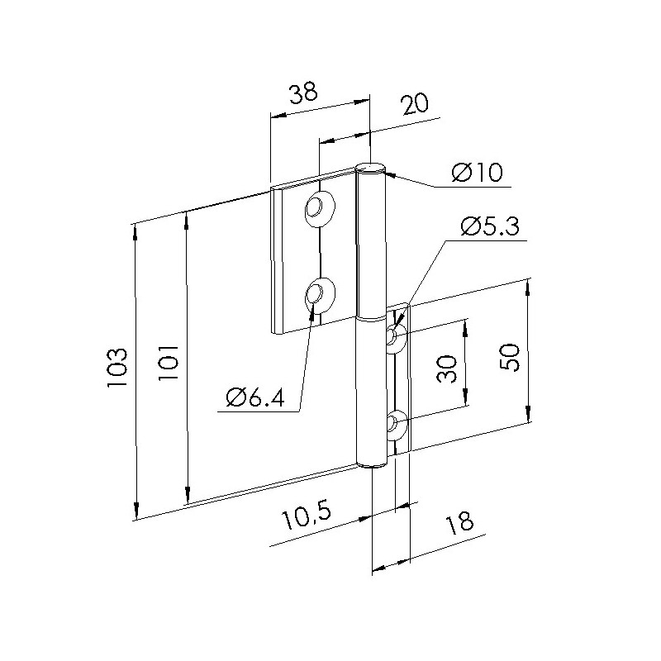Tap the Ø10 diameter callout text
coord(477,173)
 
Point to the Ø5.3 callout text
coord(490,226)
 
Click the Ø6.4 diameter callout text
coord(255,397)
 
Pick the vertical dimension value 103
coord(117,367)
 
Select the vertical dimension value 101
coord(169,363)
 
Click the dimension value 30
coord(447,369)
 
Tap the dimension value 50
coord(509,357)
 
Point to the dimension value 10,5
coord(306,517)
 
